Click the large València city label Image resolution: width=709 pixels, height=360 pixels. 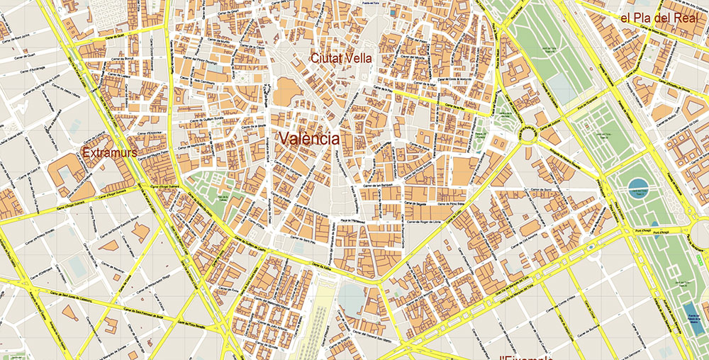click(308, 138)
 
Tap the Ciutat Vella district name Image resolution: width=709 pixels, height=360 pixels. click(342, 58)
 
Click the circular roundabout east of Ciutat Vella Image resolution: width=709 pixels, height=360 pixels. click(528, 133)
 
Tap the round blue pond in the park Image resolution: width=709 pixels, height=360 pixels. click(637, 186)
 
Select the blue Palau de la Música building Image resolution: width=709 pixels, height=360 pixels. click(691, 312)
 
